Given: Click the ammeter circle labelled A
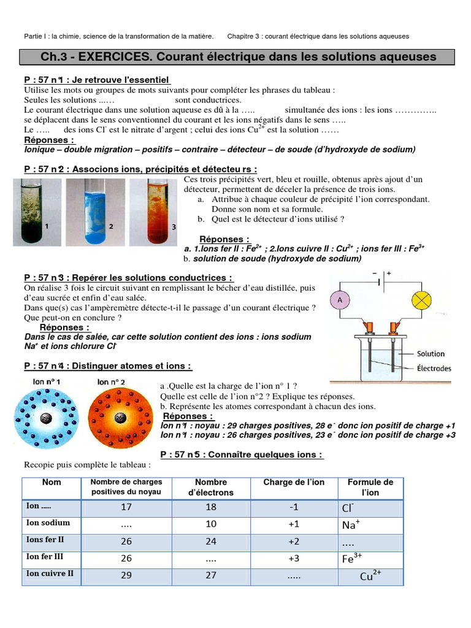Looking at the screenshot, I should pyautogui.click(x=339, y=300).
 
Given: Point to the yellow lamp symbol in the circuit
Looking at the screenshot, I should pyautogui.click(x=438, y=300).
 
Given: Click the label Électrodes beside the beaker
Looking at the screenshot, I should pyautogui.click(x=434, y=369).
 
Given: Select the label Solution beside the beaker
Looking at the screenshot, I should pyautogui.click(x=431, y=354).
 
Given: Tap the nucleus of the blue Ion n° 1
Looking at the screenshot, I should pyautogui.click(x=45, y=418).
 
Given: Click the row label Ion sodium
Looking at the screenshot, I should pyautogui.click(x=48, y=523).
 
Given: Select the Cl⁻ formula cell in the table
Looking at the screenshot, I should pyautogui.click(x=350, y=508).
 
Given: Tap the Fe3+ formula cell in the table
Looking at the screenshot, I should pyautogui.click(x=353, y=559).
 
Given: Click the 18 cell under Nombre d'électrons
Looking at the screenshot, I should pyautogui.click(x=211, y=508).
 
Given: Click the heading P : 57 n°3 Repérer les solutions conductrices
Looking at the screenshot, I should pyautogui.click(x=128, y=278).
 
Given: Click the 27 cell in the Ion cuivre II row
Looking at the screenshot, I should pyautogui.click(x=211, y=575).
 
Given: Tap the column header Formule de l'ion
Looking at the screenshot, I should pyautogui.click(x=370, y=488).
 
